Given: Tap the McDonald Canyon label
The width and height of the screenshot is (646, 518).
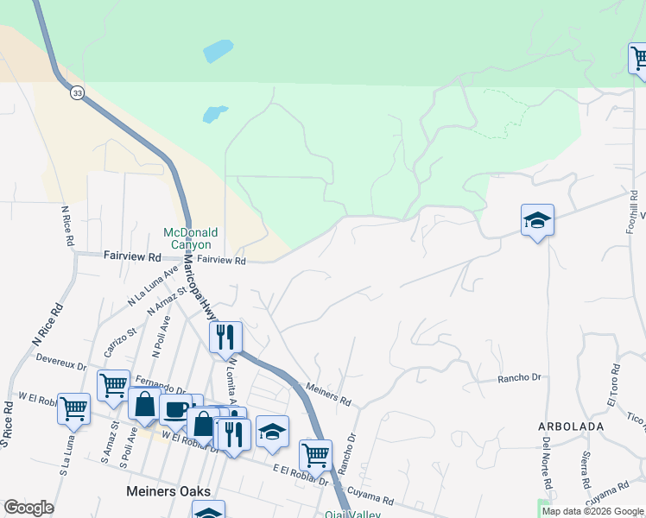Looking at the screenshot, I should pos(191,238).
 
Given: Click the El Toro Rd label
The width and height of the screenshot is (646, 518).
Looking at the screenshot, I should pos(614,382).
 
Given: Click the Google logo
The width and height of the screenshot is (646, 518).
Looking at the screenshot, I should pos(28,508).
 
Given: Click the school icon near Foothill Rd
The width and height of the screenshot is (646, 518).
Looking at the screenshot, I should pos(537,221).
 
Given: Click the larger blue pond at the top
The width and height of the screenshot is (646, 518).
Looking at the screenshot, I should pos(218,51).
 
